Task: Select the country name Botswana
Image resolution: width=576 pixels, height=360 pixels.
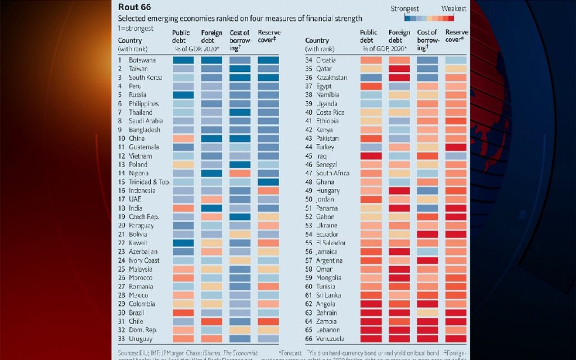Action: point(143,60)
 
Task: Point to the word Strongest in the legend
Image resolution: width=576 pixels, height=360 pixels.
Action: point(405,9)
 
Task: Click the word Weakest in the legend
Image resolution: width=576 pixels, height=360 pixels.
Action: point(454,9)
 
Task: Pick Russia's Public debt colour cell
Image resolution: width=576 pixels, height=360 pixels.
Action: point(183,95)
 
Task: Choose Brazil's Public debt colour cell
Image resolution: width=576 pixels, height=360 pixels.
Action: point(183,313)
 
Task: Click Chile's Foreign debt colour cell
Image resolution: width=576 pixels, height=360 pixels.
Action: point(211,321)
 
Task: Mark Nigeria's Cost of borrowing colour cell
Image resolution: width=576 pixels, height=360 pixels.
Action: point(240,173)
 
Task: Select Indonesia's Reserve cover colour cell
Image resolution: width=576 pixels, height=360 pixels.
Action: point(268,191)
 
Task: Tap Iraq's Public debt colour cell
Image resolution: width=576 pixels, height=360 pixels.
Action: point(371,156)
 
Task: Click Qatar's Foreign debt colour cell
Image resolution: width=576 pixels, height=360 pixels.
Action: point(399,69)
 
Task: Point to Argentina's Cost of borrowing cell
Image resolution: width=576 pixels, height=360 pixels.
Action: point(427,260)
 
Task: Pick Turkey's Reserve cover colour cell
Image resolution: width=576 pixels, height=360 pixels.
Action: point(456,147)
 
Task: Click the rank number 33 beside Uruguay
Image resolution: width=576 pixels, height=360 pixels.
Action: point(121,339)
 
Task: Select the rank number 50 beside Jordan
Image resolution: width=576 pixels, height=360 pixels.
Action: point(309,200)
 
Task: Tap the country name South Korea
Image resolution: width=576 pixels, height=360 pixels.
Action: point(146,78)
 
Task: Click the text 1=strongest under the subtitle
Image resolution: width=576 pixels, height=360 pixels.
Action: point(136,28)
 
